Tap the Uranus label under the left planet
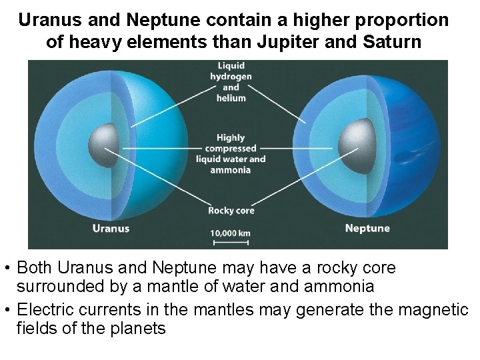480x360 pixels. click(110, 228)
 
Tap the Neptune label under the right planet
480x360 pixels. click(367, 228)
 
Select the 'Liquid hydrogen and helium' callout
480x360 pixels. click(231, 82)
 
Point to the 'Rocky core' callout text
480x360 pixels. click(231, 211)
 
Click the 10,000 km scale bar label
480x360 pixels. click(230, 233)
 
